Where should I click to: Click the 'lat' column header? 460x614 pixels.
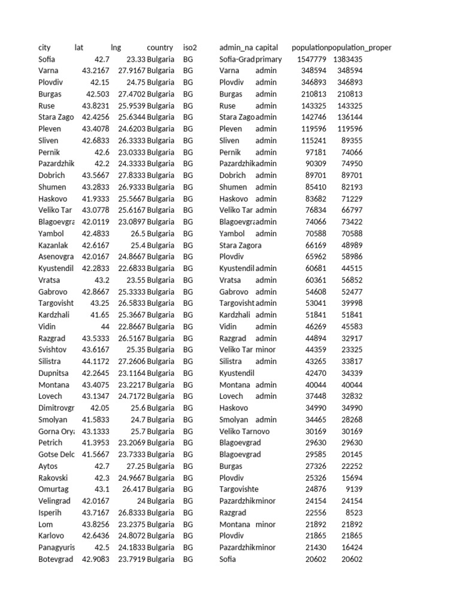click(79, 47)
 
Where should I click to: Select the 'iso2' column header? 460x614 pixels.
click(190, 47)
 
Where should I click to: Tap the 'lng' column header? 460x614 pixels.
click(116, 47)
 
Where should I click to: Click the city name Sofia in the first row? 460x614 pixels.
click(47, 59)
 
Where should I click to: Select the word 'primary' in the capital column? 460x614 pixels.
click(268, 59)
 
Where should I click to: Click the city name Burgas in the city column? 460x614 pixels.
click(50, 94)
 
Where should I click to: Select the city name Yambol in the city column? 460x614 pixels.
click(50, 233)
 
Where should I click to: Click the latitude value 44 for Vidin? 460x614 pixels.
click(105, 327)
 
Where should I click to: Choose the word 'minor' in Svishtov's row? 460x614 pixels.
click(266, 350)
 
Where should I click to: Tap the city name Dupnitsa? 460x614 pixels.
click(53, 373)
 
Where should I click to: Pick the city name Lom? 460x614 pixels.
click(46, 524)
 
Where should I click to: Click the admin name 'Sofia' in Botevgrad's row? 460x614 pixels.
click(228, 559)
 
